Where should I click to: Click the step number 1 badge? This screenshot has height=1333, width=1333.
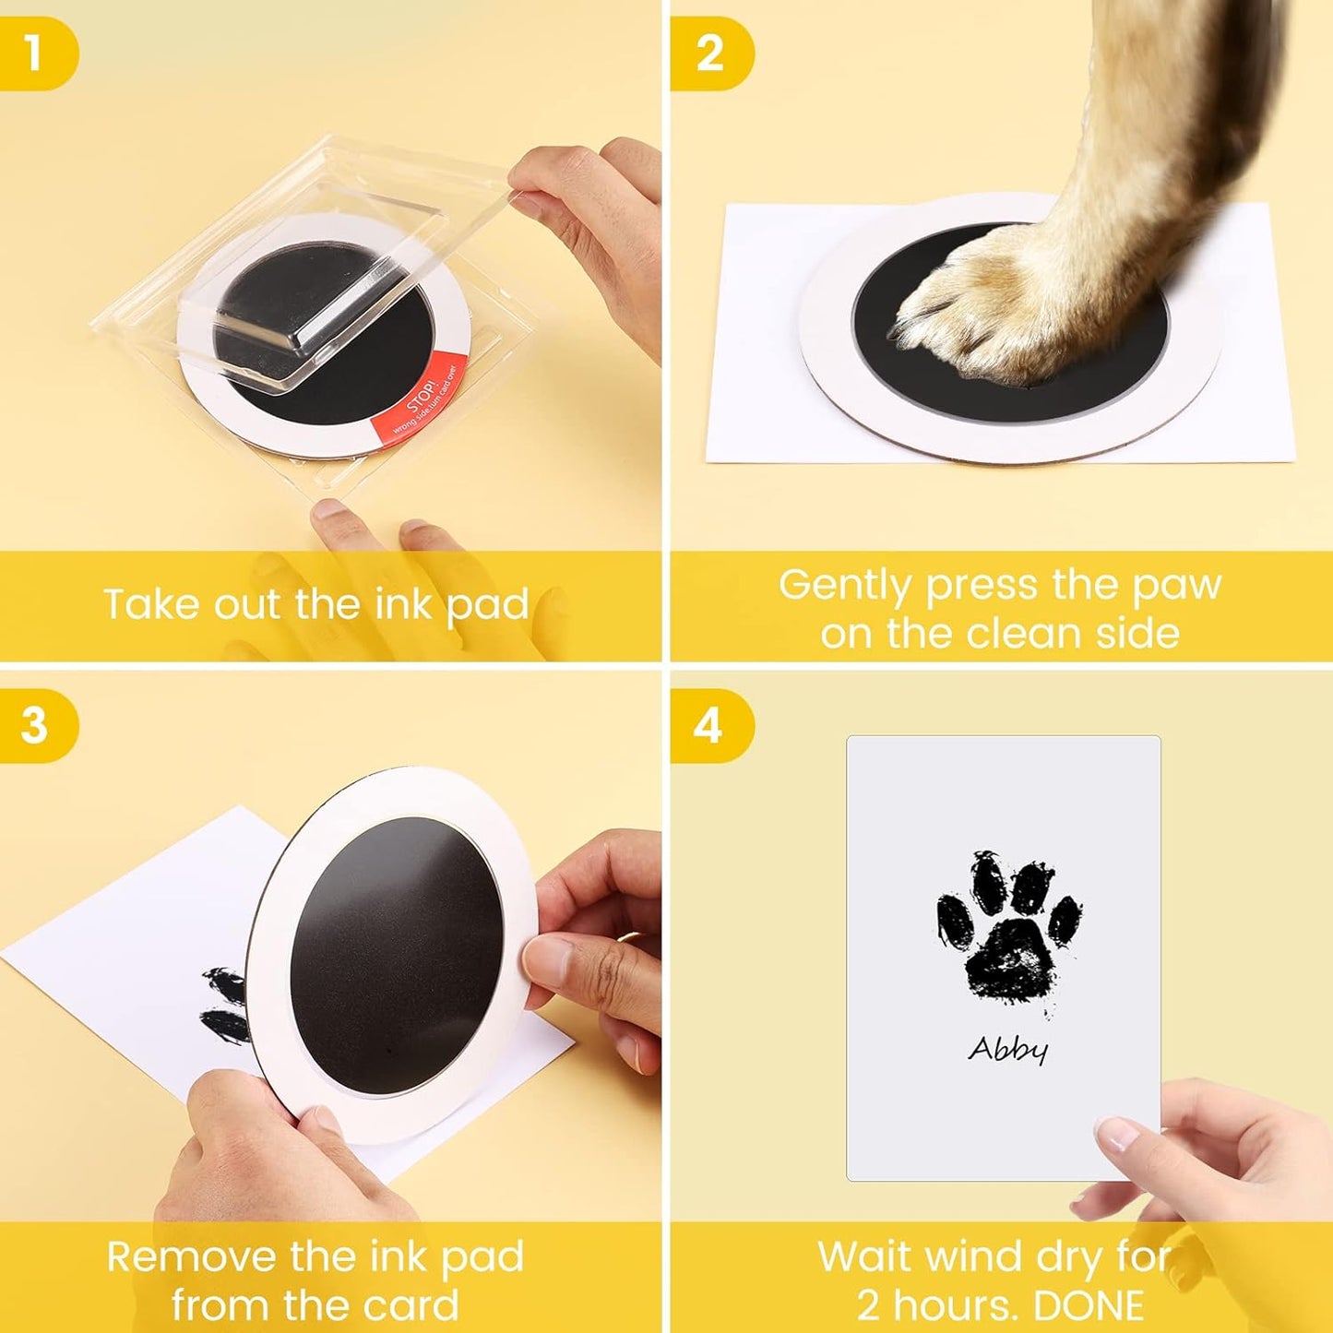[x=35, y=54]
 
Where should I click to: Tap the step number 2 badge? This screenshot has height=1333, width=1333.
[x=709, y=54]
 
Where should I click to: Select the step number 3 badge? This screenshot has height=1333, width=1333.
[x=35, y=725]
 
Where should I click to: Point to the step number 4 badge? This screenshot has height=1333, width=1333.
[x=708, y=725]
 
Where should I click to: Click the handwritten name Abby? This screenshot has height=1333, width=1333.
[x=1007, y=1049]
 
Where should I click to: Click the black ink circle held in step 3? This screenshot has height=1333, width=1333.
[x=397, y=955]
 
